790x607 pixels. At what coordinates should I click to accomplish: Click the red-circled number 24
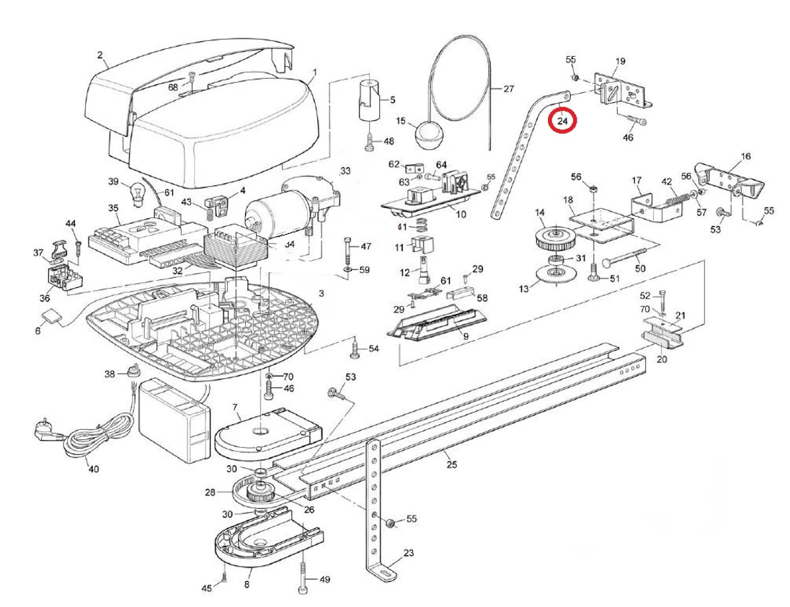(x=563, y=121)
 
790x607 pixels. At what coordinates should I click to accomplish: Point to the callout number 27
(x=508, y=90)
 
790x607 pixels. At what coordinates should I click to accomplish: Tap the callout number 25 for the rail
(x=451, y=464)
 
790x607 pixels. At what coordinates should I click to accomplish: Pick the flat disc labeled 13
(x=552, y=274)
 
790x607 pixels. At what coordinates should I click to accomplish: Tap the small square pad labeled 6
(x=50, y=316)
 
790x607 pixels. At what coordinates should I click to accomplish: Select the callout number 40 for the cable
(x=93, y=469)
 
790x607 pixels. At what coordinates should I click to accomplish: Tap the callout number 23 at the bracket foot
(x=409, y=554)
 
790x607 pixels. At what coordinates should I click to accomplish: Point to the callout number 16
(x=745, y=156)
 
